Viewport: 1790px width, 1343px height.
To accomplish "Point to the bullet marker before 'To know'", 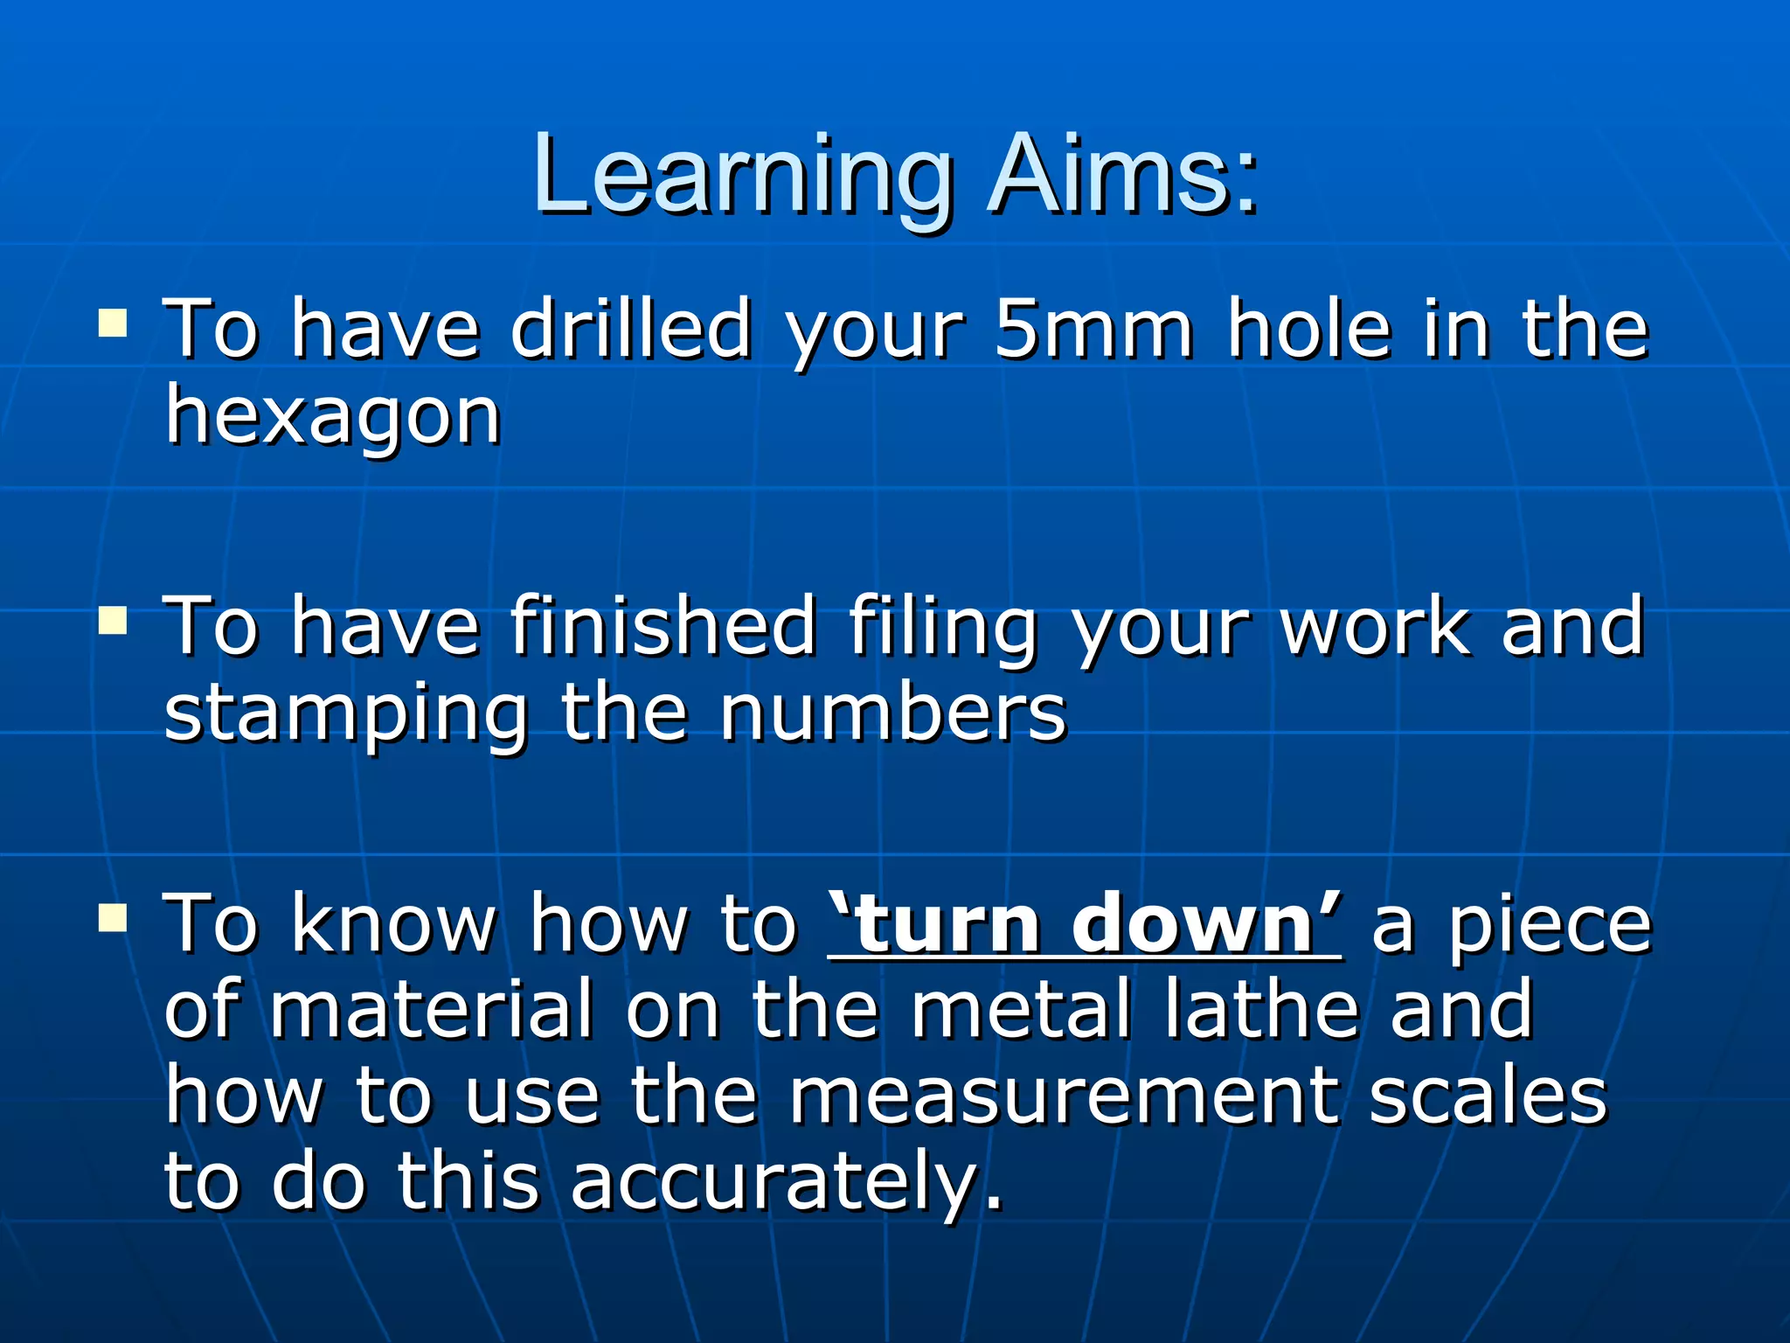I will tap(113, 918).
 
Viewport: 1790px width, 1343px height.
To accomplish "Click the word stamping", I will tap(346, 713).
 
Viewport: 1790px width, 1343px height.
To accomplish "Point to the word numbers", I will tap(892, 713).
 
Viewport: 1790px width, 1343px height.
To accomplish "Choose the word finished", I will tap(663, 626).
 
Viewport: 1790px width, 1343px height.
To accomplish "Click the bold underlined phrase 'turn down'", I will tap(1085, 924).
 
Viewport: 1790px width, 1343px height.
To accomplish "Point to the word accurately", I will tap(786, 1182).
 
